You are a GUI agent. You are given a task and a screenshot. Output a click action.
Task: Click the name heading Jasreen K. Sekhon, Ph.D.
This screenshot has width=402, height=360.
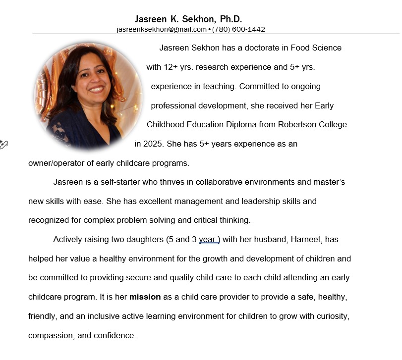(188, 19)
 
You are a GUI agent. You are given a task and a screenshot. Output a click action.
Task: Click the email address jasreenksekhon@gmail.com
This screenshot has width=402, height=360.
(161, 29)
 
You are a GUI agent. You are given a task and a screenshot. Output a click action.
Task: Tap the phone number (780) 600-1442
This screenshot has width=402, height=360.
(238, 29)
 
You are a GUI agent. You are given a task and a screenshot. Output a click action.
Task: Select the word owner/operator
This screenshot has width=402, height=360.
(57, 163)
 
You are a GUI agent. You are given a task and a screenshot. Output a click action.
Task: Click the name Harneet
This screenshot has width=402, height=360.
(306, 240)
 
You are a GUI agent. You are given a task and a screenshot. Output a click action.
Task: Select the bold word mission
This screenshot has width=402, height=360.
(145, 297)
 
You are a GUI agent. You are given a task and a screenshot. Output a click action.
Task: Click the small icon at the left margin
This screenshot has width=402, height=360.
(3, 145)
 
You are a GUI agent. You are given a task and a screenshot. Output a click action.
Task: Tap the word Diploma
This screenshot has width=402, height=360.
(241, 125)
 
